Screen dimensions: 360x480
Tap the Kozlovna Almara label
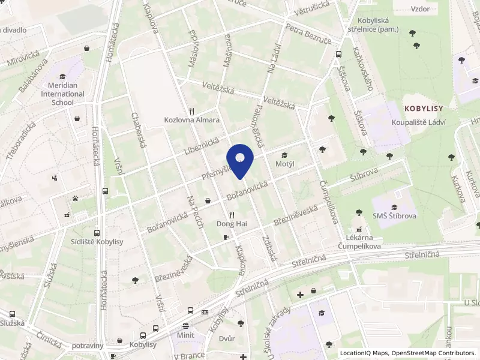click(192, 120)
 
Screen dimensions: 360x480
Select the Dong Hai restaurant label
click(232, 224)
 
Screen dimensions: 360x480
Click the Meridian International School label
click(62, 94)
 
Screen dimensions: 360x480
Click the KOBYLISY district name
click(424, 109)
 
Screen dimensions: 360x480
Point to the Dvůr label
click(227, 338)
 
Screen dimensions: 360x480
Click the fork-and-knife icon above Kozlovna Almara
click(192, 111)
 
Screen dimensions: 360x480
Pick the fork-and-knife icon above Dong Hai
click(232, 215)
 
